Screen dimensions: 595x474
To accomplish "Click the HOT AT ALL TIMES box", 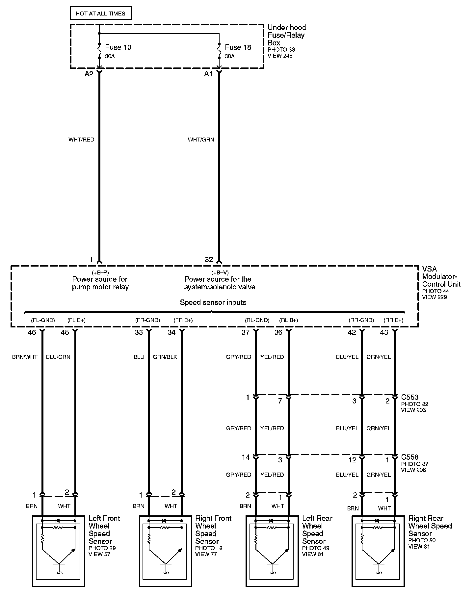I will point(100,13).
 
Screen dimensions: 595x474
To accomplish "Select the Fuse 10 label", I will point(118,47).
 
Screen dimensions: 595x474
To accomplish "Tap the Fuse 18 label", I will point(238,47).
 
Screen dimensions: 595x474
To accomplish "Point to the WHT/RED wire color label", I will point(81,140).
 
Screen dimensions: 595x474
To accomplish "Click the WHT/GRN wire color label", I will point(201,140).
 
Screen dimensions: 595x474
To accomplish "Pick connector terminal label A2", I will point(89,74).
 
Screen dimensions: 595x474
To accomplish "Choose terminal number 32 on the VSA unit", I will point(209,260).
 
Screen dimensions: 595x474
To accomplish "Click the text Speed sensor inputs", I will point(213,302).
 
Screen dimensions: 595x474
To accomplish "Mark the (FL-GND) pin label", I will point(43,320).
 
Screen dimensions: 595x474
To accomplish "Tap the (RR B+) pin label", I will point(394,320).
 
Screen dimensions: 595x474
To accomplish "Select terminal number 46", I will point(32,332).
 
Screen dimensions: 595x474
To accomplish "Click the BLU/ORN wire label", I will point(58,357).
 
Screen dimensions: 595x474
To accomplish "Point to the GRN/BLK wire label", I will point(165,357).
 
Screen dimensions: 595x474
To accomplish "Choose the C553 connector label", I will point(410,397).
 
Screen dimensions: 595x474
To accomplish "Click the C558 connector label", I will point(410,457).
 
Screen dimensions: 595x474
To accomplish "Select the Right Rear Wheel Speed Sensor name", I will point(430,526).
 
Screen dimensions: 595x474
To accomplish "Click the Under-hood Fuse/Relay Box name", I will point(287,35).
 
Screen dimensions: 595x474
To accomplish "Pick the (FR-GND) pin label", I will point(147,320).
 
